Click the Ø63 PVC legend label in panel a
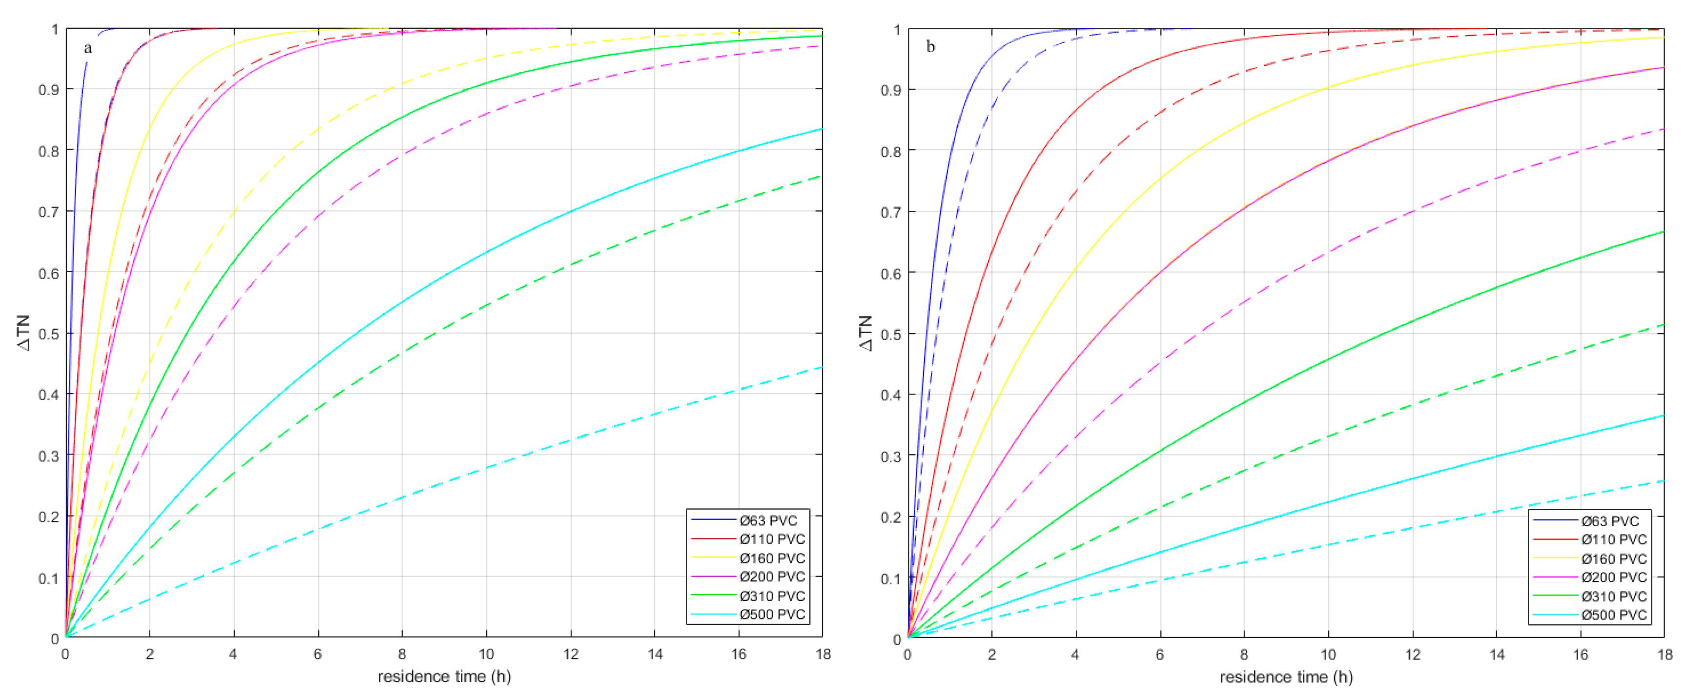click(x=768, y=521)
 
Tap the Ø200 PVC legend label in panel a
click(x=772, y=577)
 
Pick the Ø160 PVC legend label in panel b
click(x=1613, y=559)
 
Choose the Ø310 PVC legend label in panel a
click(x=772, y=596)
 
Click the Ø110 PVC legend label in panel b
click(x=1613, y=540)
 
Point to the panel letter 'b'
click(x=930, y=47)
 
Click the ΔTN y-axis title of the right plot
click(x=865, y=333)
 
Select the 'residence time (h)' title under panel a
click(x=444, y=677)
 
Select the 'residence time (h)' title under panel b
click(x=1286, y=677)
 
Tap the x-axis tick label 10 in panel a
click(x=486, y=654)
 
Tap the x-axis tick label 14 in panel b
click(x=1497, y=654)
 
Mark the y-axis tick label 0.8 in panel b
click(x=890, y=151)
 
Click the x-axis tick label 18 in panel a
click(x=822, y=654)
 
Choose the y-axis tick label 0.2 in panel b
click(x=890, y=517)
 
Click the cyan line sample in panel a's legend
click(x=713, y=614)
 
